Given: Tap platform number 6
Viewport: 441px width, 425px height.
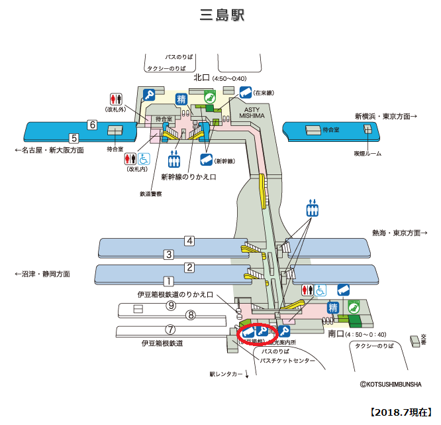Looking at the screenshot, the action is tap(93, 125).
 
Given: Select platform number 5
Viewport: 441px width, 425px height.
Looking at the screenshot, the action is tap(74, 138).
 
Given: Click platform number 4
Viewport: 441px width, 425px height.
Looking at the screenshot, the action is tap(189, 241).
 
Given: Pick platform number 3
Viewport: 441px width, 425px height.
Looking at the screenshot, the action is tap(169, 254).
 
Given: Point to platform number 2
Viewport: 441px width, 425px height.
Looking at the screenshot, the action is tap(189, 267).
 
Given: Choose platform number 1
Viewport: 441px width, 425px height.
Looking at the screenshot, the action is tap(169, 280).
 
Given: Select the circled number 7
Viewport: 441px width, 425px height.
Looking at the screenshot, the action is tap(170, 329).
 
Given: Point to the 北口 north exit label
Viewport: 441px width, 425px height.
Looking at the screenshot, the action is tap(201, 78).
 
